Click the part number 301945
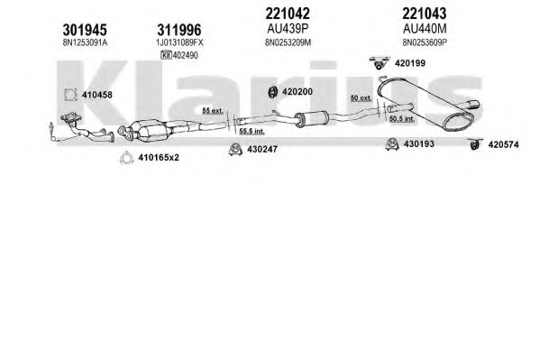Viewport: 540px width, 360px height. (x=85, y=30)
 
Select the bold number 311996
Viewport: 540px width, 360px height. (x=179, y=30)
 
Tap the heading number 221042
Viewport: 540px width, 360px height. (x=288, y=14)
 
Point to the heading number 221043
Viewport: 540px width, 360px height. (x=425, y=14)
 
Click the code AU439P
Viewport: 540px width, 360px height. (x=288, y=29)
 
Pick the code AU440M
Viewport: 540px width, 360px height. (x=425, y=29)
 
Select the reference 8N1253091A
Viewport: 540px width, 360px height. (x=85, y=42)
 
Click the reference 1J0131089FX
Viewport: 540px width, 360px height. (x=179, y=42)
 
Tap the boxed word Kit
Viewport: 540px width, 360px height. (x=166, y=55)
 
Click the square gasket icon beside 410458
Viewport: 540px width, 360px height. (x=70, y=95)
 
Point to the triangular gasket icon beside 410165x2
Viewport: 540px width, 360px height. (x=126, y=158)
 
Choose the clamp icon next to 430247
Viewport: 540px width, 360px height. (x=235, y=149)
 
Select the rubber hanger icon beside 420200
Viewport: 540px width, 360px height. (x=273, y=92)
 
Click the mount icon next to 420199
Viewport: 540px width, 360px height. (x=380, y=63)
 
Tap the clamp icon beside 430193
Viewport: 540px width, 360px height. (x=392, y=144)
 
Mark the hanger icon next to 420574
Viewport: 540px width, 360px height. (x=475, y=144)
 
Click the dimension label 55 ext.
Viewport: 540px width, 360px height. (x=213, y=111)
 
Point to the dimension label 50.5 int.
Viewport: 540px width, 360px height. (x=402, y=119)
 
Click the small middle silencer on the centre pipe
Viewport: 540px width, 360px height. (x=311, y=119)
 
